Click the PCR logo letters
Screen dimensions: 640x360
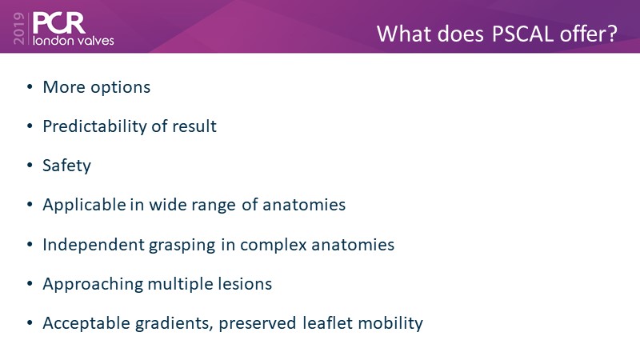(x=58, y=23)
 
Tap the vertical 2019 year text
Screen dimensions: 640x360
(x=18, y=28)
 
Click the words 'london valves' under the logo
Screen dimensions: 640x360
(x=74, y=41)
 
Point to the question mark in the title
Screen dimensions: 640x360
(x=612, y=34)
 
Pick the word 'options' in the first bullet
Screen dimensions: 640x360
(x=121, y=88)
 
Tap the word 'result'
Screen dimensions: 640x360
(x=194, y=126)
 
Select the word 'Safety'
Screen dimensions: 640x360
(x=66, y=166)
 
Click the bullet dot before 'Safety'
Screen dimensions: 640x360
(x=30, y=166)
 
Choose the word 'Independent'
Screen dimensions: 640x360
(x=94, y=246)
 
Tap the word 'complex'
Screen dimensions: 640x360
(x=273, y=246)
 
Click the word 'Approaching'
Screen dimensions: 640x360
(x=93, y=285)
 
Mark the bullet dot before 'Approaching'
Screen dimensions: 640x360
(x=30, y=283)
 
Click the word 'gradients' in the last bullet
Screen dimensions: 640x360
(x=174, y=324)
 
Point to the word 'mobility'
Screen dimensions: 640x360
(x=390, y=324)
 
